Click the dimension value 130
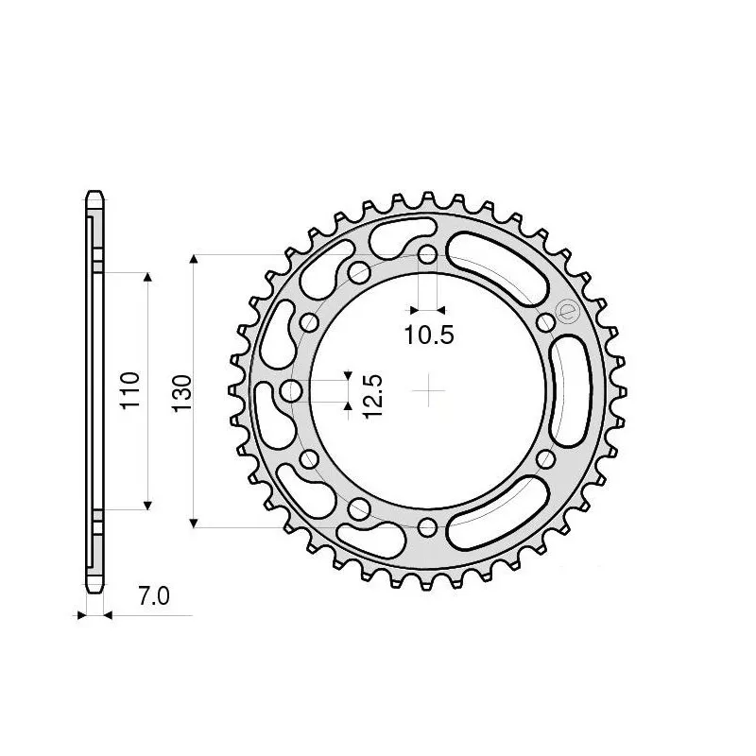click(181, 390)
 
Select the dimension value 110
click(132, 389)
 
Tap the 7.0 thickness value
click(153, 596)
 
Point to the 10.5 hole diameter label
click(430, 334)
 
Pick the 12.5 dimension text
click(371, 396)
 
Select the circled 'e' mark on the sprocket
click(567, 311)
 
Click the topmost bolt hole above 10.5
click(427, 255)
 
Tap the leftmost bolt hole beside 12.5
click(292, 390)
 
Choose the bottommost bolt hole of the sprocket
click(427, 526)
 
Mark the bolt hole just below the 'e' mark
click(544, 323)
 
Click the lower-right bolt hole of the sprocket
click(544, 458)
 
